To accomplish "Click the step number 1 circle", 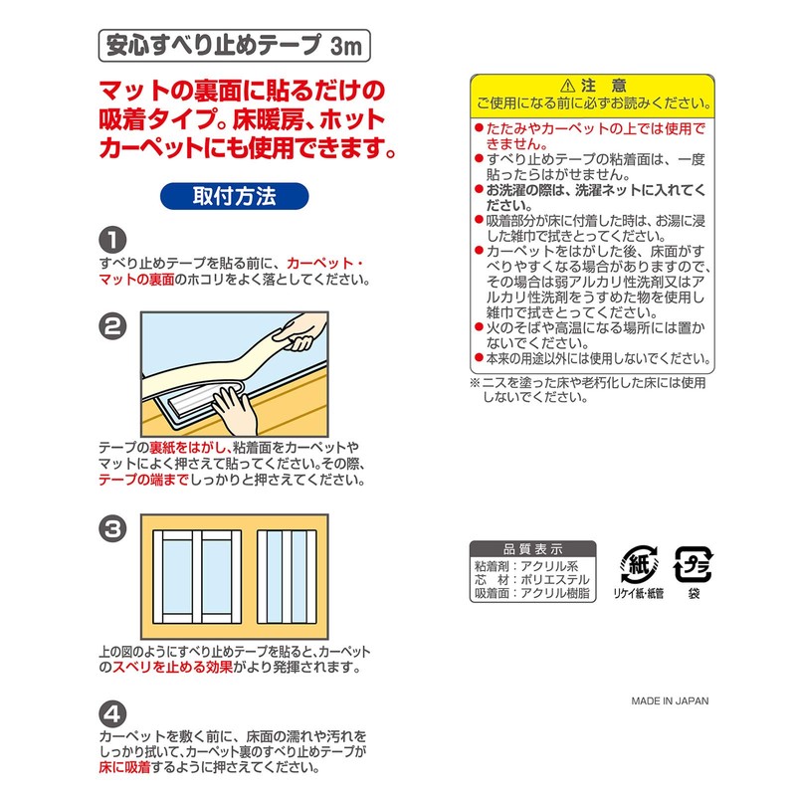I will (x=112, y=240).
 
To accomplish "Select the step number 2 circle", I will (x=112, y=325).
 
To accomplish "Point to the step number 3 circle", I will (x=112, y=528).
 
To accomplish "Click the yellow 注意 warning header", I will (x=592, y=92).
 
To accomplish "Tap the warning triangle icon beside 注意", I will (x=568, y=85).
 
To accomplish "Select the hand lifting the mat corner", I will (x=298, y=337).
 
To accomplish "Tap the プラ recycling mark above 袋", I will (x=693, y=564).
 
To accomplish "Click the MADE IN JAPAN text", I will (x=670, y=700).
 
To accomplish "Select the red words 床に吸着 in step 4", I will (x=130, y=768).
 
